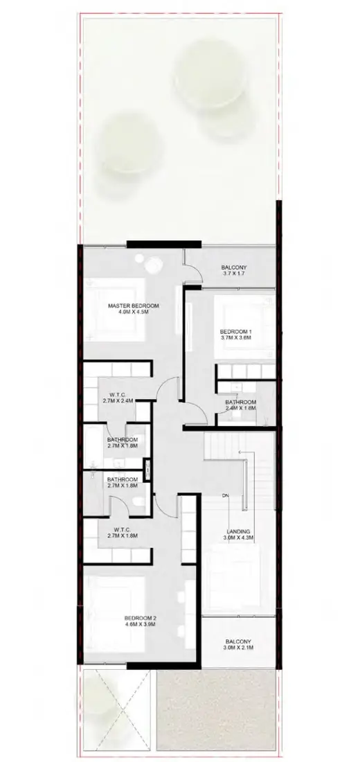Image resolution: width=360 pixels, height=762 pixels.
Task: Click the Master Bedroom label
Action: [x=134, y=305]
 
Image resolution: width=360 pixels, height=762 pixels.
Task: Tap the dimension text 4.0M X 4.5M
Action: [x=134, y=313]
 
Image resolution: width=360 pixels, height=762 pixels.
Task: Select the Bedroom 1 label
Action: [x=235, y=331]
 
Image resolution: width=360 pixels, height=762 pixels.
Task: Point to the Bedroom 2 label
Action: [x=141, y=617]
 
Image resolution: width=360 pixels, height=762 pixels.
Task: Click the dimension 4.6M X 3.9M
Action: [x=141, y=625]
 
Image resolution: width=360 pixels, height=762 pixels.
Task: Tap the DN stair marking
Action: [x=226, y=495]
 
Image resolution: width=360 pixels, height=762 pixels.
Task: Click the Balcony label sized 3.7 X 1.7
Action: [x=233, y=267]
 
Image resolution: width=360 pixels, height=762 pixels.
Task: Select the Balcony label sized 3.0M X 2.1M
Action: [x=237, y=642]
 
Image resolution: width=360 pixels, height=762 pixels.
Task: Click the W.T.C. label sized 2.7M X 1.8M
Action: [x=121, y=529]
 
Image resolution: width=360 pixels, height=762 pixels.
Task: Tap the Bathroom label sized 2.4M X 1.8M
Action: [x=241, y=402]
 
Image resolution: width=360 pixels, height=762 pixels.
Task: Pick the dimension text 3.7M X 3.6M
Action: [x=235, y=339]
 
